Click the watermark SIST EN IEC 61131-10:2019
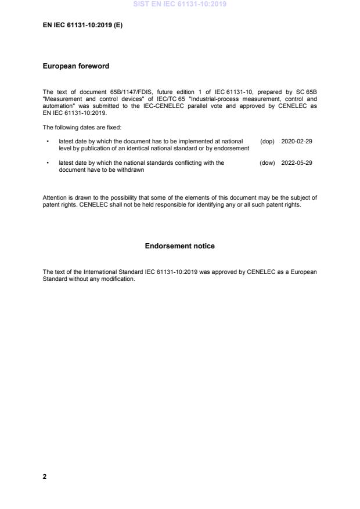(179, 4)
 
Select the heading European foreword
(76, 66)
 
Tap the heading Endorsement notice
(179, 246)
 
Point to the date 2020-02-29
(296, 142)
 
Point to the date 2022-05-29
(296, 163)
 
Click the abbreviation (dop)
(267, 142)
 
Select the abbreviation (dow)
(267, 163)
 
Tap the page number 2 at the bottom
(45, 476)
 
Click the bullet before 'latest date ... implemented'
(47, 142)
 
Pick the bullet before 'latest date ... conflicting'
(47, 163)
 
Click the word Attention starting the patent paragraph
(55, 197)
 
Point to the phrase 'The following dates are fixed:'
(82, 127)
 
